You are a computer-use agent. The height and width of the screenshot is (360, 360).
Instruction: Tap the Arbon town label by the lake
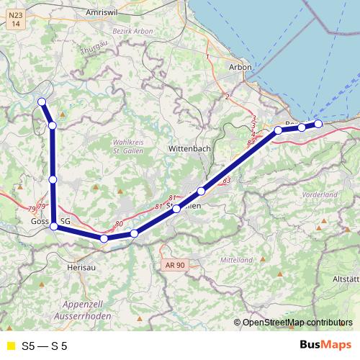coord(240,67)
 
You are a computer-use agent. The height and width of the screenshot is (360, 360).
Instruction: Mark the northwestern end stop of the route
coord(42,102)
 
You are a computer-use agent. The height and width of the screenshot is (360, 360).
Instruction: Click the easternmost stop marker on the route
coord(318,124)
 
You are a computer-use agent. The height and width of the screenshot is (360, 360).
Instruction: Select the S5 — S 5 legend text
coord(45,346)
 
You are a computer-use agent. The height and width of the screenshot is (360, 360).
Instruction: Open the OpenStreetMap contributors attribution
coord(297,323)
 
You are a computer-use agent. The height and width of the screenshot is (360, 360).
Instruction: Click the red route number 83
coord(227,180)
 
